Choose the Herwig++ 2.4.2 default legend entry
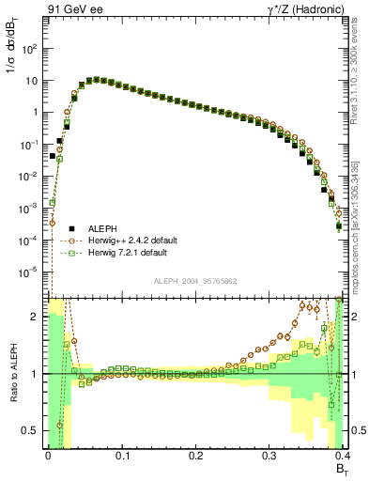point(133,240)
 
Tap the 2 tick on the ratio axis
point(38,317)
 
